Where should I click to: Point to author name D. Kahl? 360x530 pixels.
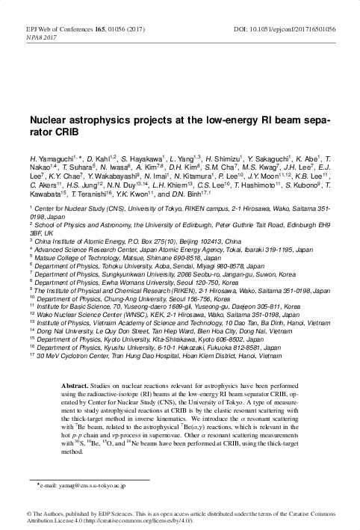point(102,161)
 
